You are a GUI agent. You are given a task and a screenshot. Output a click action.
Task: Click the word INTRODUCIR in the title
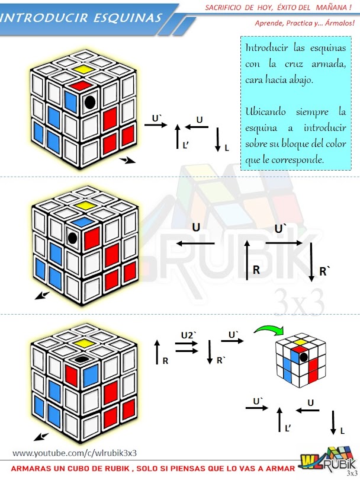click(44, 18)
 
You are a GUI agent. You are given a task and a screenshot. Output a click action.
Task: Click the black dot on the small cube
click(304, 357)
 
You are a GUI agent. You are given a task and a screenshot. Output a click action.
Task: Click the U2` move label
click(189, 335)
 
